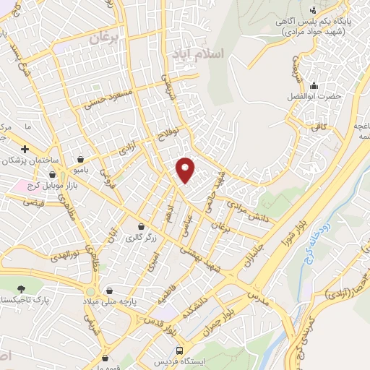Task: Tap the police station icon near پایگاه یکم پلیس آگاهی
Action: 313,10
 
